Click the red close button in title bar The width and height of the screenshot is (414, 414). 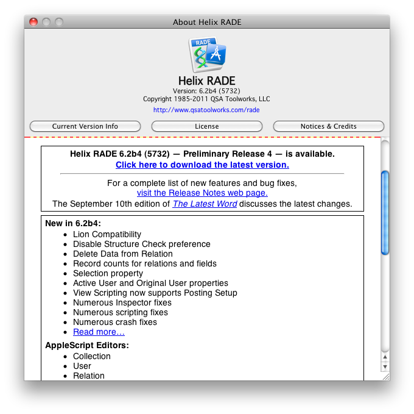pyautogui.click(x=33, y=22)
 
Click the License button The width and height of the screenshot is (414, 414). pyautogui.click(x=206, y=126)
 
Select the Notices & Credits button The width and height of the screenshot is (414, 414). pyautogui.click(x=328, y=126)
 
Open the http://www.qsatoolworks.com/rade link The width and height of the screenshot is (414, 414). pyautogui.click(x=206, y=110)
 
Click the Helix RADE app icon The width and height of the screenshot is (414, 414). pyautogui.click(x=207, y=55)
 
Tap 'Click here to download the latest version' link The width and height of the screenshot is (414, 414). pyautogui.click(x=202, y=165)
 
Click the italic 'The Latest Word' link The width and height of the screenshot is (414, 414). pyautogui.click(x=205, y=204)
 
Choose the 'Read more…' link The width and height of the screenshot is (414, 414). pyautogui.click(x=99, y=332)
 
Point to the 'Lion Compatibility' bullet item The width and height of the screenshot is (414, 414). pyautogui.click(x=107, y=234)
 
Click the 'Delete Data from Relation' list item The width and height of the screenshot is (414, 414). pyautogui.click(x=122, y=254)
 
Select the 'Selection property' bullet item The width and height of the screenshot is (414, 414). pyautogui.click(x=108, y=273)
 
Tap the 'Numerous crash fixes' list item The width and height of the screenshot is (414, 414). pyautogui.click(x=115, y=322)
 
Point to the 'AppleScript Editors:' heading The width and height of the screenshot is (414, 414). pyautogui.click(x=86, y=346)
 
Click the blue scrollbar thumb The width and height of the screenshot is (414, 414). pyautogui.click(x=385, y=212)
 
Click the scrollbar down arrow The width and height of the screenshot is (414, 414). pyautogui.click(x=385, y=366)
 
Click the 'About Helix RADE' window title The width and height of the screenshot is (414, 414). pyautogui.click(x=207, y=22)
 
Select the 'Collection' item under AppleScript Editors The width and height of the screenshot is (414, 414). pyautogui.click(x=92, y=356)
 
